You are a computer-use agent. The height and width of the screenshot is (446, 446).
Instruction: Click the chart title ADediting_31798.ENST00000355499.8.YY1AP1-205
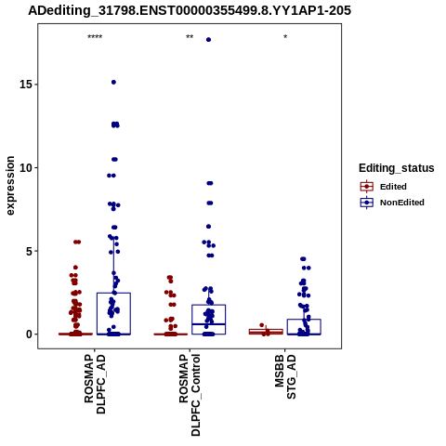click(190, 10)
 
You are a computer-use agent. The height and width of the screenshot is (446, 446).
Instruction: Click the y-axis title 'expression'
click(10, 186)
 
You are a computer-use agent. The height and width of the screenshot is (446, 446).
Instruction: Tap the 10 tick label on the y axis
click(26, 167)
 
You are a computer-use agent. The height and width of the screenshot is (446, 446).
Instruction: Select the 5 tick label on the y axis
click(29, 251)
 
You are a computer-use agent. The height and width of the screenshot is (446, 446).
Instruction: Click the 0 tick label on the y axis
click(29, 334)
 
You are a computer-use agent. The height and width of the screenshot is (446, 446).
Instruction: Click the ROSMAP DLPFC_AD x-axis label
click(95, 385)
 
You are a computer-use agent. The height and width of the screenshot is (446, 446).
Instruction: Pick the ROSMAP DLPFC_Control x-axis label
click(190, 395)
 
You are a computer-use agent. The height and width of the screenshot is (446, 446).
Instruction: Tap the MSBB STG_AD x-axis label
click(285, 377)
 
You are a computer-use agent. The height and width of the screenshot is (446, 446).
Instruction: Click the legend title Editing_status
click(397, 168)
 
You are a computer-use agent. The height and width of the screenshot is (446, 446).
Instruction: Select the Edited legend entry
click(393, 187)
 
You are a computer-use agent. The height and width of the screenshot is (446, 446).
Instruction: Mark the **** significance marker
click(95, 37)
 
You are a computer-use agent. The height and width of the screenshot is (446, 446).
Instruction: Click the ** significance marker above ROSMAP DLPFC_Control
click(190, 37)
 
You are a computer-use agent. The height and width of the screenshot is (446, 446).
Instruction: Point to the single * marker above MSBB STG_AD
click(285, 37)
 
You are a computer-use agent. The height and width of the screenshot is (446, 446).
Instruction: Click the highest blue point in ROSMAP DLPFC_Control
click(208, 40)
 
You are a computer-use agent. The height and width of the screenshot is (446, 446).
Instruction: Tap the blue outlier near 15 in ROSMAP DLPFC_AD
click(113, 82)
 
